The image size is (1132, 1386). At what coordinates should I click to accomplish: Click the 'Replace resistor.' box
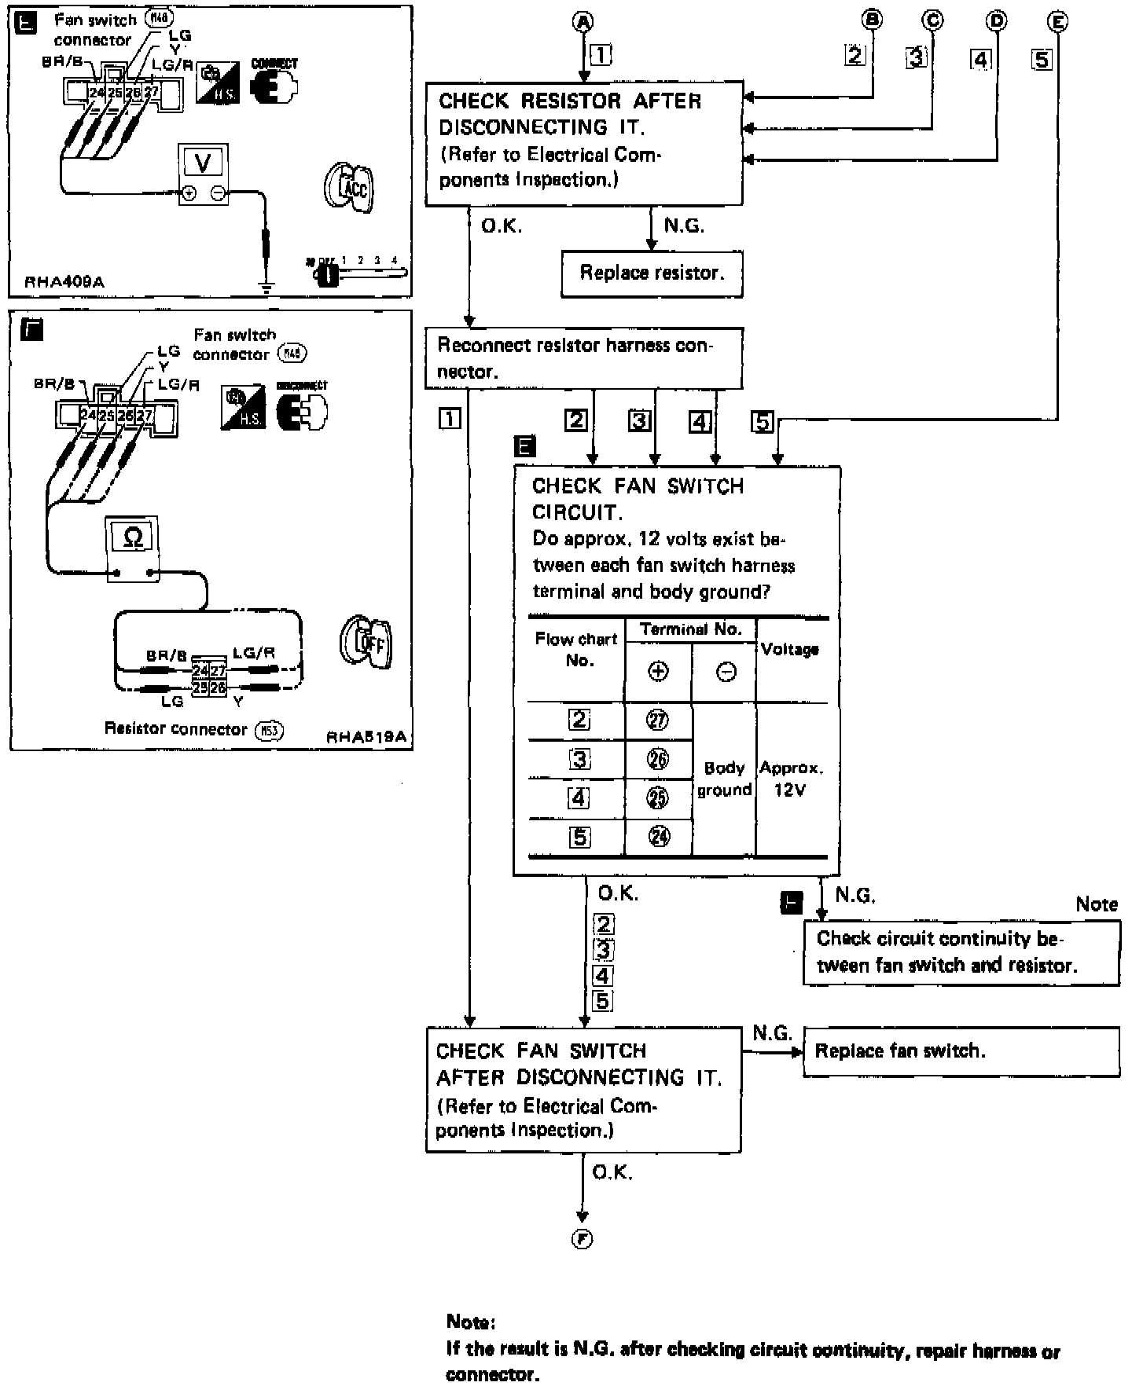tap(652, 273)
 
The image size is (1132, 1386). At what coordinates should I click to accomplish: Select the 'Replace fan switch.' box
tap(961, 1051)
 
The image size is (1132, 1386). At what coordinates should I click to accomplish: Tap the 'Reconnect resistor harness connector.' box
tap(583, 358)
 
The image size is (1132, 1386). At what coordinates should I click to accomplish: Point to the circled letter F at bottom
tap(582, 1239)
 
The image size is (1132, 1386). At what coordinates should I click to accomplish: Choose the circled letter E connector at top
tap(1058, 22)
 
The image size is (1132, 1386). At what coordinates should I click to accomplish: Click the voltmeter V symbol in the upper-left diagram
tap(204, 163)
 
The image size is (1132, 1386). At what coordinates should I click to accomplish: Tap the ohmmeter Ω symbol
tap(134, 537)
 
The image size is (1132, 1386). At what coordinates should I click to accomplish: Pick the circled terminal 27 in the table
tap(658, 720)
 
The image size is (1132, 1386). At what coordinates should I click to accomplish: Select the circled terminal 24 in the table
tap(658, 837)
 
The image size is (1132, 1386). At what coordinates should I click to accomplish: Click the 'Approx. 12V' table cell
tap(791, 779)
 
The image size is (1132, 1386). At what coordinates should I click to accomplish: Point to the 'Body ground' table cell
tap(724, 779)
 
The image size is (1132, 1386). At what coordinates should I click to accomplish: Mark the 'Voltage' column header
tap(790, 650)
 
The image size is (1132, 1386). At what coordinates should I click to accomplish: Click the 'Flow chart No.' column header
tap(576, 650)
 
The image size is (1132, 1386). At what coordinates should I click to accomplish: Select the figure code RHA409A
tap(64, 282)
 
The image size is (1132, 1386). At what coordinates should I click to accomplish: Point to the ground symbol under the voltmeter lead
tap(266, 288)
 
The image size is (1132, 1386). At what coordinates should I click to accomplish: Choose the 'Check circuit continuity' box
tap(961, 951)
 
